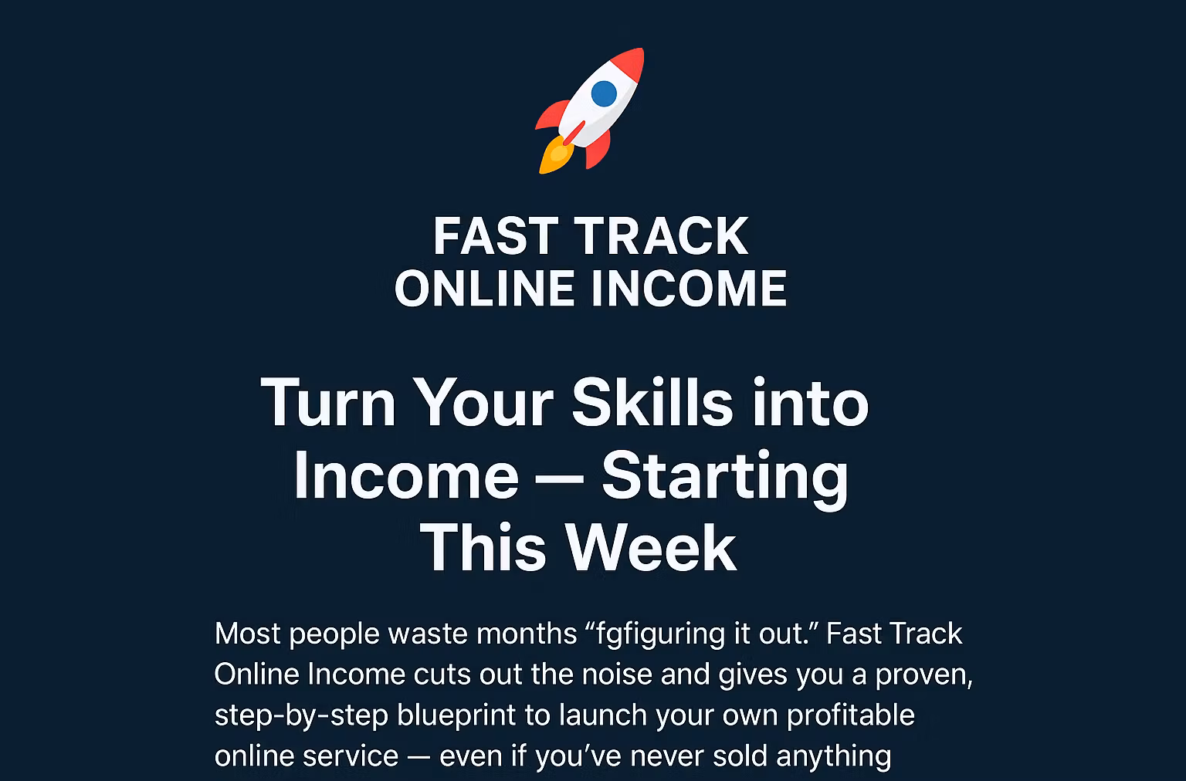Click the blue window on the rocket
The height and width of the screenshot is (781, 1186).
click(x=604, y=93)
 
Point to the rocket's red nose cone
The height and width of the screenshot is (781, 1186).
click(x=632, y=61)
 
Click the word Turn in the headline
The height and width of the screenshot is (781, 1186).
click(x=329, y=402)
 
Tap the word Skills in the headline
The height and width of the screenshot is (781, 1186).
click(x=652, y=402)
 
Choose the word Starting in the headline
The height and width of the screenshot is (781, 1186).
click(x=725, y=475)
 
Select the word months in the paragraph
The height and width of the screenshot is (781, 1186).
click(x=527, y=634)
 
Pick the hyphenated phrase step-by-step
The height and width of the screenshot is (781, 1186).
click(x=301, y=715)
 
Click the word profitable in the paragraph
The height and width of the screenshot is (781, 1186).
click(x=850, y=715)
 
